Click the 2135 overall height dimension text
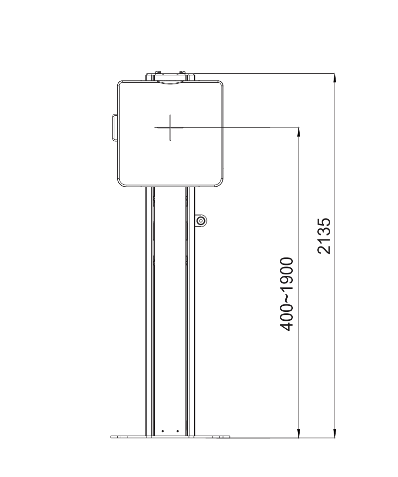325,236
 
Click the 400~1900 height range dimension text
287,294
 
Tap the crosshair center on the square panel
170,127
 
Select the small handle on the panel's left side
114,127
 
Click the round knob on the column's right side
200,221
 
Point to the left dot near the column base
162,431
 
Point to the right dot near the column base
178,431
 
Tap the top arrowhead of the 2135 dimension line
335,78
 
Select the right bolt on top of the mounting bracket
184,74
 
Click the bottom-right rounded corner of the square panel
219,183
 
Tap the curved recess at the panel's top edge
170,83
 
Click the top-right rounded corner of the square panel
219,83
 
